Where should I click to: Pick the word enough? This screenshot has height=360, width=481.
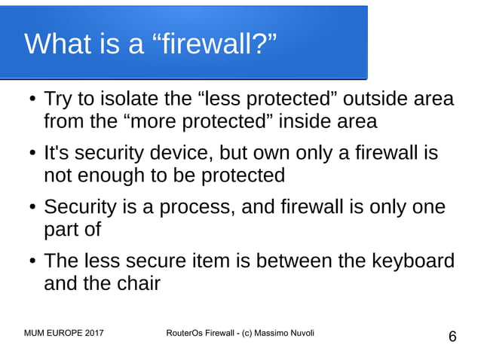click(118, 175)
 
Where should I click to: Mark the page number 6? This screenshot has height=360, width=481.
click(452, 337)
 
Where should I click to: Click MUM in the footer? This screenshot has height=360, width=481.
click(35, 333)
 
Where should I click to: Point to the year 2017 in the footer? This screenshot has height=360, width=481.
click(91, 333)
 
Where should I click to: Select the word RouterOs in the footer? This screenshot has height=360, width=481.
click(184, 333)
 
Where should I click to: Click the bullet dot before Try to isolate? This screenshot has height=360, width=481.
click(31, 100)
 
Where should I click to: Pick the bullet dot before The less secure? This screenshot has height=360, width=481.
click(31, 262)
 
